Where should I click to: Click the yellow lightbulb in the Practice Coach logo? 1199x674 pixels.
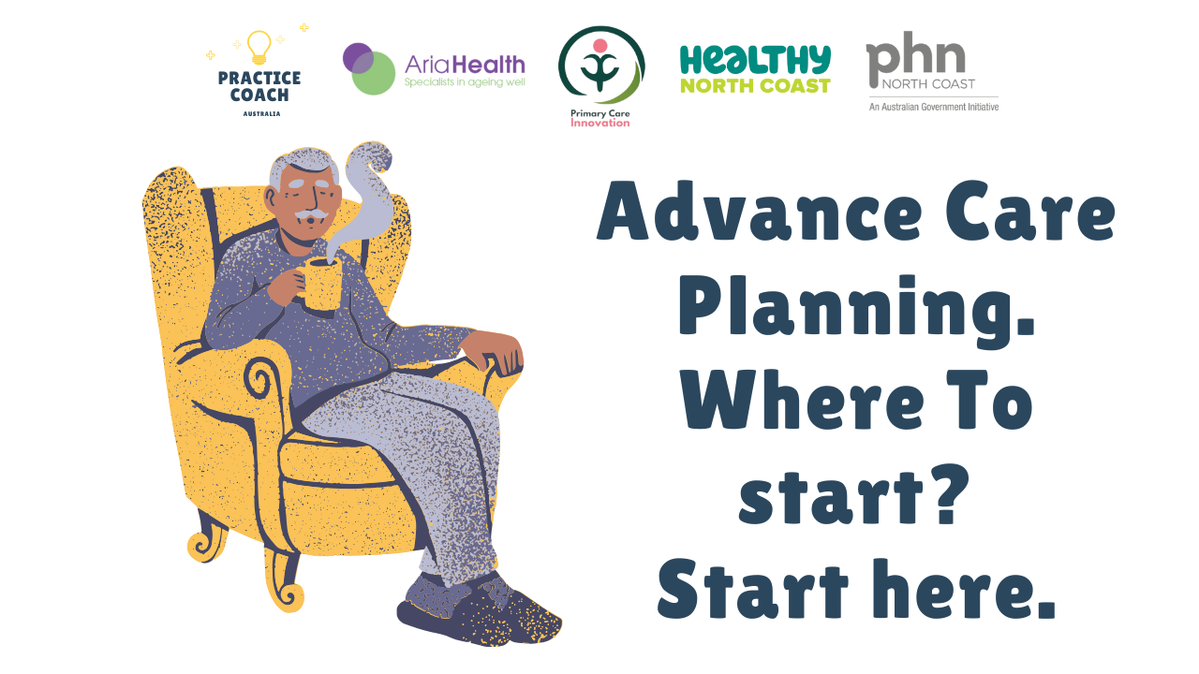[x=259, y=48]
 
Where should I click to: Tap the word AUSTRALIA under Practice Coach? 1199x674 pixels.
[x=261, y=114]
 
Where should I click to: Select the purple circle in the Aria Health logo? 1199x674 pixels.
[x=358, y=58]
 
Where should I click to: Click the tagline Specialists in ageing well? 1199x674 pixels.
[x=465, y=82]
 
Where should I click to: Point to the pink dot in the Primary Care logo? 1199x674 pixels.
[x=600, y=46]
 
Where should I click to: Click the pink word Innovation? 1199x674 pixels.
[x=600, y=123]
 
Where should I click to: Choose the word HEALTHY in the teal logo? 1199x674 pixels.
[x=755, y=61]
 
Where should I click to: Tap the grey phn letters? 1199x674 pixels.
[x=916, y=57]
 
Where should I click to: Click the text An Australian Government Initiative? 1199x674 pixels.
[x=934, y=107]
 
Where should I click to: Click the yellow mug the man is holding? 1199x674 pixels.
[x=320, y=284]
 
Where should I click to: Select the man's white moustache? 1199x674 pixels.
[x=312, y=214]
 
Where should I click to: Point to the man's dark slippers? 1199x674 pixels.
[x=478, y=611]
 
